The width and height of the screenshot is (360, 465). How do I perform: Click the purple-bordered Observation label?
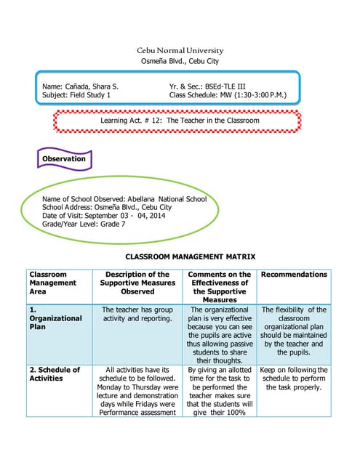pos(64,158)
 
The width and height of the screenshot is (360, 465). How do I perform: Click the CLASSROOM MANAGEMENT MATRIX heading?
pos(191,257)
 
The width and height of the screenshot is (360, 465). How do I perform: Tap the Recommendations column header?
pos(294,275)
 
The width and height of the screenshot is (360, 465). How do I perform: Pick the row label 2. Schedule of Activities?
pos(55,374)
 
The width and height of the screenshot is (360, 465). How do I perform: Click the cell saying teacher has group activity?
pos(137,314)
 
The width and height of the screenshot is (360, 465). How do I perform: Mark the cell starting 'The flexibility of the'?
pos(294,331)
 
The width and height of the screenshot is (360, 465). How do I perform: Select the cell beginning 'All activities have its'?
pos(137,391)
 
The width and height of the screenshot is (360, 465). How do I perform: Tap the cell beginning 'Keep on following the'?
pos(294,378)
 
